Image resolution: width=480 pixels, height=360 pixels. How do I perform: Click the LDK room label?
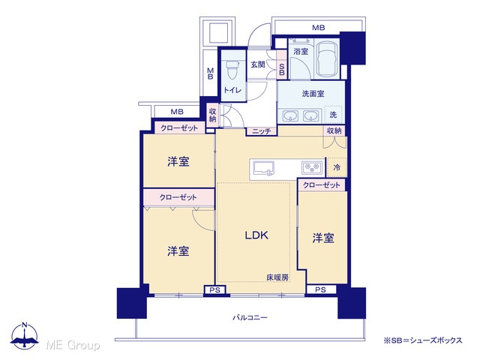[256, 235]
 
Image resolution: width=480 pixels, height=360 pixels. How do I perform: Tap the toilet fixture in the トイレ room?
[233, 70]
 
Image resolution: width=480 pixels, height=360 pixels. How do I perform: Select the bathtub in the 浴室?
[327, 58]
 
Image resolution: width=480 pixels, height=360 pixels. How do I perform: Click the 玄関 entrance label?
[258, 64]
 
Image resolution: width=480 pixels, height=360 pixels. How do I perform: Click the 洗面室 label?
[313, 94]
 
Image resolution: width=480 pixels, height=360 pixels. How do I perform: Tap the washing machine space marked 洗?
[333, 115]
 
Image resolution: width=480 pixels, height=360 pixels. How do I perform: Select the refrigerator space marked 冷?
[337, 167]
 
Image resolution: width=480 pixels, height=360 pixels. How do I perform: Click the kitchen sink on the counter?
[263, 169]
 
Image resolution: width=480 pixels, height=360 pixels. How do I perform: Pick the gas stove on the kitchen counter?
[312, 168]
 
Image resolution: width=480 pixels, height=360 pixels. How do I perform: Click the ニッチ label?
[262, 131]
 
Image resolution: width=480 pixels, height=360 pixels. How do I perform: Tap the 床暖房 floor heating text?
[277, 277]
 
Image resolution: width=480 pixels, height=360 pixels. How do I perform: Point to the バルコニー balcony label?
[250, 317]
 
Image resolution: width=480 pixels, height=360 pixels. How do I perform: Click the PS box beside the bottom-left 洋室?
[215, 289]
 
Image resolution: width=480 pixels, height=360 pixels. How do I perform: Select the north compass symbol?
[25, 335]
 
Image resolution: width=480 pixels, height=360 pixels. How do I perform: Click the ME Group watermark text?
[73, 346]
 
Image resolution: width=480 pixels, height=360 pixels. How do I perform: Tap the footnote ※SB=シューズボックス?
[423, 340]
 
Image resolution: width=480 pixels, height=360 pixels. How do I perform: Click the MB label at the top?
[318, 28]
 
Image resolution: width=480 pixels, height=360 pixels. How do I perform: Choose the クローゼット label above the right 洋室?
[322, 185]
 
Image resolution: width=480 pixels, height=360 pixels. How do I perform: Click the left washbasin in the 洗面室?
[290, 116]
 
